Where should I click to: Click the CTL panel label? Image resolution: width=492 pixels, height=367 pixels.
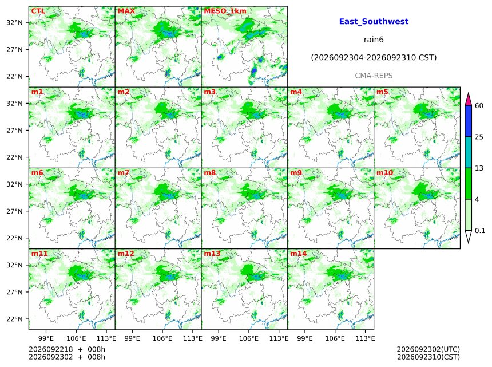pos(38,11)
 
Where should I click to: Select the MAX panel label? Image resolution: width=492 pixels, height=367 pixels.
pos(126,11)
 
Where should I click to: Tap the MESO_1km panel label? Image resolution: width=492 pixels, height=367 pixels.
pos(225,11)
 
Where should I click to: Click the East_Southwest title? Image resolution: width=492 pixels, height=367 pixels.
pos(374,22)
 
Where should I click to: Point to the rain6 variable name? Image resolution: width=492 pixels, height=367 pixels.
pos(374,40)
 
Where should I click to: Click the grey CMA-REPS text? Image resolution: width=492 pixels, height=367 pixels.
pos(374,76)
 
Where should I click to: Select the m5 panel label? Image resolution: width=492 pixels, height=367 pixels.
pos(382,92)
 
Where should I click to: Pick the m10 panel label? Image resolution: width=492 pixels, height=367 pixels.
pos(384,173)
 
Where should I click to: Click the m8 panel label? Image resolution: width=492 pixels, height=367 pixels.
pos(209,173)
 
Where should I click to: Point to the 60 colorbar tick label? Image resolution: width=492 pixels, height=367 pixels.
pos(479,105)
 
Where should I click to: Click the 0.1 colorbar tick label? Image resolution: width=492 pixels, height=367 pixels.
pos(480,231)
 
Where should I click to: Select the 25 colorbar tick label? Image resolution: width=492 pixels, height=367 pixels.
pos(479,137)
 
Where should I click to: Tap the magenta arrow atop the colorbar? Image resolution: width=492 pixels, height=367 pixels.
pos(469,99)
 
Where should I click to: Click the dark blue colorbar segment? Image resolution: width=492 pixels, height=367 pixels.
pos(469,121)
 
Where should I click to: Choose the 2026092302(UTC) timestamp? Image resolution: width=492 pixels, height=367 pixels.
pos(428,349)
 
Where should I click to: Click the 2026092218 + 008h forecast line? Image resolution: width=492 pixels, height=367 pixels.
pos(67,349)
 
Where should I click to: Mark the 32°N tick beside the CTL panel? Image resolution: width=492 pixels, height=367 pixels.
pos(14,22)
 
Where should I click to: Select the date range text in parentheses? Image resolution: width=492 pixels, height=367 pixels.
pos(374,57)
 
